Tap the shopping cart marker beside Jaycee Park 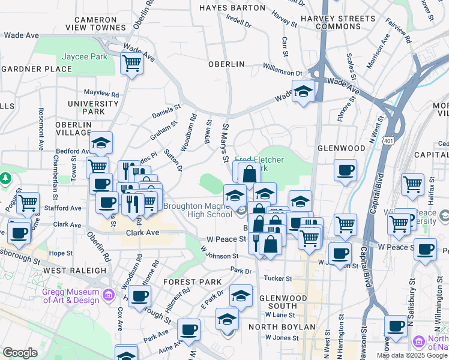pos(131,63)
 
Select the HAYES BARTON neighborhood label pos(232,8)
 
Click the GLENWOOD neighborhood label pos(341,148)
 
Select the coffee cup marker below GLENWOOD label pos(345,170)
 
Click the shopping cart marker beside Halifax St pos(412,185)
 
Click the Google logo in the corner pos(20,353)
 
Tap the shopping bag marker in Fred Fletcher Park pos(249,174)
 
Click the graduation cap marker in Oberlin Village pos(101,143)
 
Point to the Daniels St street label pos(166,112)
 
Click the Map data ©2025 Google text pos(412,355)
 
